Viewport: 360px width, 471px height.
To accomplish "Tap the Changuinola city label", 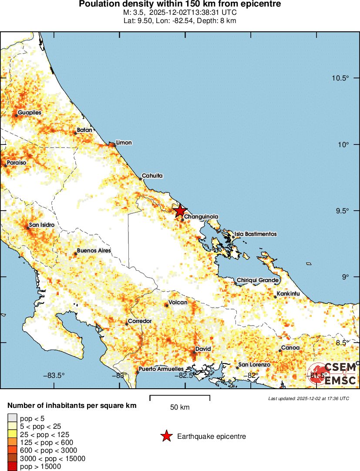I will [x=201, y=216].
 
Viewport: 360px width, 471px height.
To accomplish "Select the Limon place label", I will [x=124, y=143].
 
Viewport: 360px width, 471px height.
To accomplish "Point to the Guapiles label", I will [x=30, y=113].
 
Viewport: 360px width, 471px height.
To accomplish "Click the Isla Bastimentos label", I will [x=256, y=234].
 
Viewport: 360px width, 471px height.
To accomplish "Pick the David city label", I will [x=203, y=349].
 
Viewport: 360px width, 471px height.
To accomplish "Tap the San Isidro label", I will [x=42, y=225].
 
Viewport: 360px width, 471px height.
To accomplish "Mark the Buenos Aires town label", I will [x=94, y=251].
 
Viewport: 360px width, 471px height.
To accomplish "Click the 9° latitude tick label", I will [x=346, y=277].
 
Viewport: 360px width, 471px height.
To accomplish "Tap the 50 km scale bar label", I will [x=179, y=407].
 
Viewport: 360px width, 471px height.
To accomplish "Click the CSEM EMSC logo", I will [x=333, y=374].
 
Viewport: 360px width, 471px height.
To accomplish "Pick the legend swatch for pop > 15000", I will [x=13, y=467].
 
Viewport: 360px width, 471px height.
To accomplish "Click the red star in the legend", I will [x=166, y=436].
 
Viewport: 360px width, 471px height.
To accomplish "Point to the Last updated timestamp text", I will [x=308, y=398].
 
